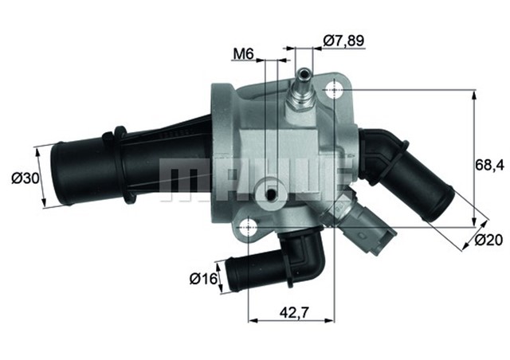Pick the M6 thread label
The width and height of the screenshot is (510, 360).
pos(242,54)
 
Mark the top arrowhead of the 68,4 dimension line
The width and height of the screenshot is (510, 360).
pos(476,96)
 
